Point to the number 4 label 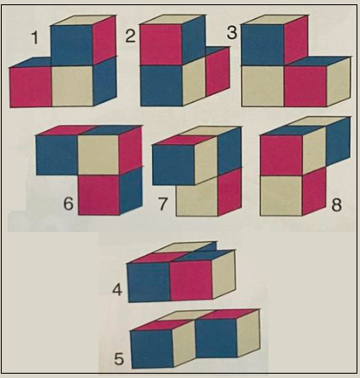tap(117, 290)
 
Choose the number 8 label tap(335, 205)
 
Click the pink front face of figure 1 tap(31, 86)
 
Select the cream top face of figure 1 tap(82, 20)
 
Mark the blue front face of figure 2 tap(161, 85)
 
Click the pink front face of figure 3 tap(305, 86)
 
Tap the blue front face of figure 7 tap(173, 164)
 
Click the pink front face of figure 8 tap(281, 155)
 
